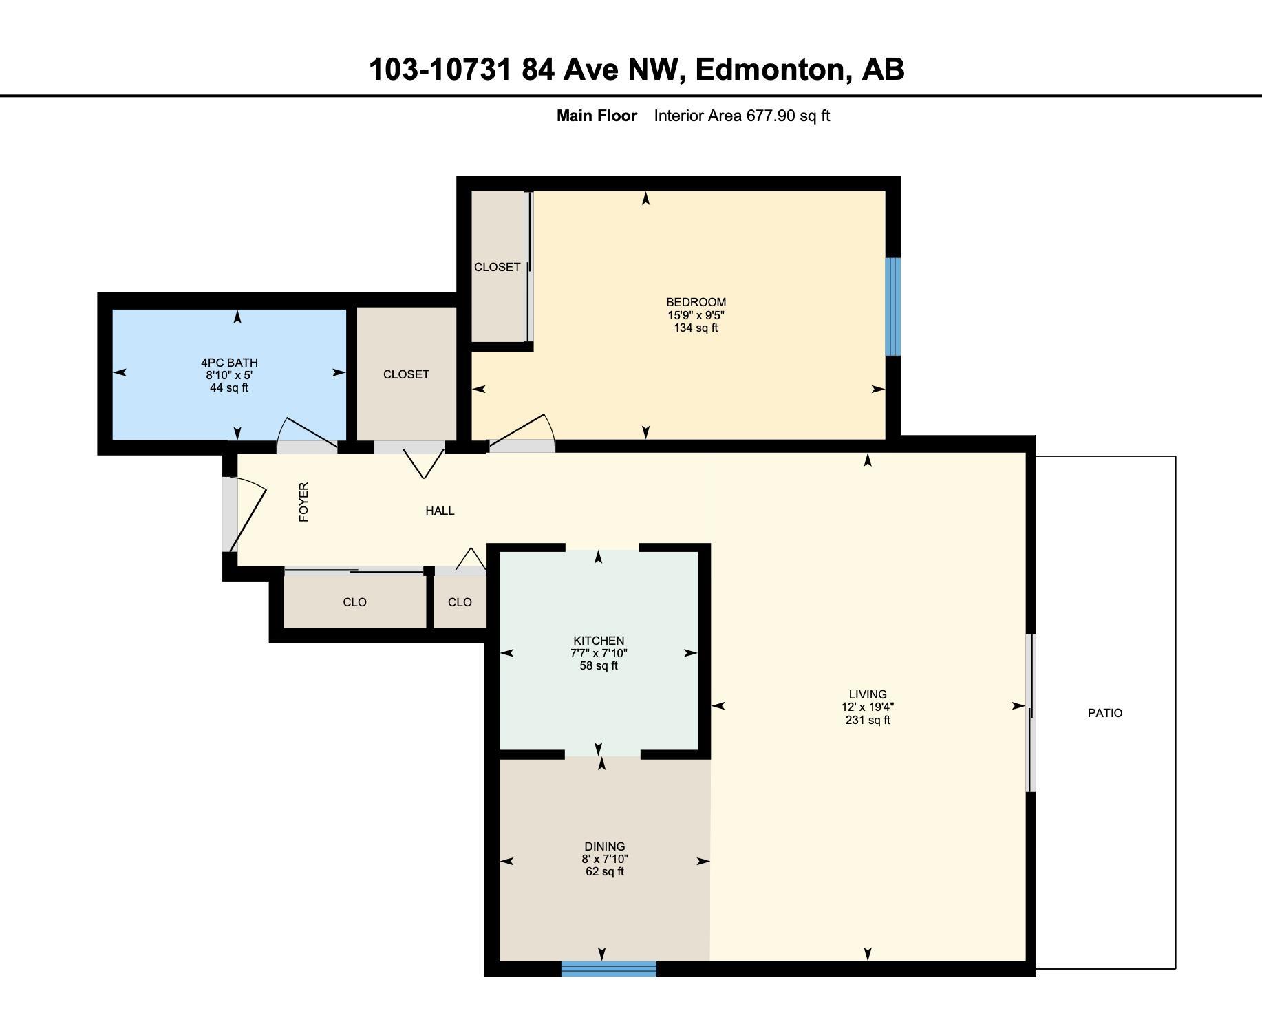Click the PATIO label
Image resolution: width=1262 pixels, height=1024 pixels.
click(1104, 713)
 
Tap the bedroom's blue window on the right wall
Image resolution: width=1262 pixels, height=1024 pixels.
click(892, 306)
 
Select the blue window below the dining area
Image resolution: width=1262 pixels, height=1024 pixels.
click(608, 968)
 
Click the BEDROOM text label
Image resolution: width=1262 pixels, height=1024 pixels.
click(696, 302)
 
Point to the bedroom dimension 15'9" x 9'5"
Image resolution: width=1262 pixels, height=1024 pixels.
click(696, 315)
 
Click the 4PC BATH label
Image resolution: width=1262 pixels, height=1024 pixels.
click(229, 363)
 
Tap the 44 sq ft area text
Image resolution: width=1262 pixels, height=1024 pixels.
click(229, 388)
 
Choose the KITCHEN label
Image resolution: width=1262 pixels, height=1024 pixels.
click(599, 641)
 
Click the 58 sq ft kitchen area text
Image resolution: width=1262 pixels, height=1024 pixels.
click(599, 666)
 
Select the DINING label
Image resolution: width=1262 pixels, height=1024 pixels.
click(604, 846)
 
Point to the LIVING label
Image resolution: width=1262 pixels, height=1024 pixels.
click(867, 694)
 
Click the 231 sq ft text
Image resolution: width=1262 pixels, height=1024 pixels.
click(867, 721)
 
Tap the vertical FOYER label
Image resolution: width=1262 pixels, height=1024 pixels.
click(303, 502)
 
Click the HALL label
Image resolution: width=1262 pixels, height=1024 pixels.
click(440, 511)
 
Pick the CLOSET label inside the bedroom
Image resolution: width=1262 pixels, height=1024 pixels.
click(497, 267)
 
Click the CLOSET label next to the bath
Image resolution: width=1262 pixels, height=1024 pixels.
click(406, 374)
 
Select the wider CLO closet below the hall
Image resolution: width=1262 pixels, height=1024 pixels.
click(354, 602)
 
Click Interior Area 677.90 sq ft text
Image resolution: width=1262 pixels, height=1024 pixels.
click(741, 116)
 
